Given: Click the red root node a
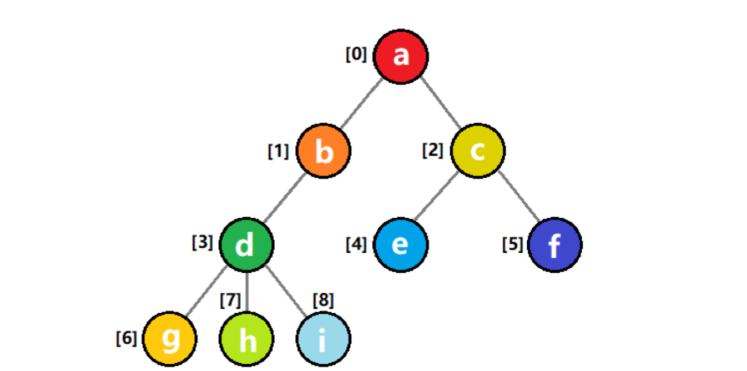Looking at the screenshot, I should click(401, 57).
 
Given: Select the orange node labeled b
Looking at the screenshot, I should click(324, 151).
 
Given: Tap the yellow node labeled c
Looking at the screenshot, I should click(477, 151).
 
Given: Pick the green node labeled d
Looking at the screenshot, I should click(246, 245).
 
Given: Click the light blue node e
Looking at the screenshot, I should click(401, 245).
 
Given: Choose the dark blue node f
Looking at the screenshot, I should click(554, 245).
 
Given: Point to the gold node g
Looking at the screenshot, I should click(170, 339).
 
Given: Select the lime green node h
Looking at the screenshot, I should click(246, 339).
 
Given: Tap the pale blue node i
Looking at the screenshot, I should click(323, 339).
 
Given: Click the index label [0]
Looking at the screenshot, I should click(356, 54).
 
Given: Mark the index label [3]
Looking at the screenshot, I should click(203, 243).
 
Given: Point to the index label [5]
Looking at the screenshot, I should click(513, 244).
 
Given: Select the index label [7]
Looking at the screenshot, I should click(230, 300).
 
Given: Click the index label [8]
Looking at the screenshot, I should click(324, 300).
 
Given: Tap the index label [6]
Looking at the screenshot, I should click(127, 338).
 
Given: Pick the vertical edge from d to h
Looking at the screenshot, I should click(246, 292).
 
